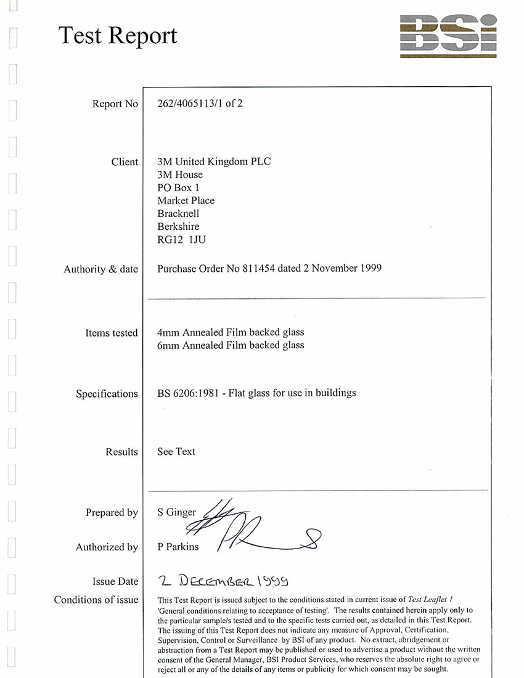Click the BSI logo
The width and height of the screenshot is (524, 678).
click(448, 36)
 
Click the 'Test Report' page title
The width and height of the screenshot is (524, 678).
click(118, 36)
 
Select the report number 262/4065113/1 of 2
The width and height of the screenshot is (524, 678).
click(200, 104)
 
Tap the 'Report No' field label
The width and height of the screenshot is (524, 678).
click(115, 104)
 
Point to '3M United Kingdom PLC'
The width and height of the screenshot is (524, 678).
click(214, 161)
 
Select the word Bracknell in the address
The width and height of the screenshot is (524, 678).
click(178, 213)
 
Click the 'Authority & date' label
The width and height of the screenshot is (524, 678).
click(100, 269)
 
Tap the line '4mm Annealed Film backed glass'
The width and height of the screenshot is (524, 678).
click(231, 333)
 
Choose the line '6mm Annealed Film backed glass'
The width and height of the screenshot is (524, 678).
click(231, 345)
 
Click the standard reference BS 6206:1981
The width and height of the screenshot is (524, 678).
click(184, 393)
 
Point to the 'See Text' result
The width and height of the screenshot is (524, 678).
click(176, 452)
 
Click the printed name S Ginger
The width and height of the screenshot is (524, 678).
click(177, 512)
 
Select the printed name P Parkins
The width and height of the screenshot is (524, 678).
click(178, 547)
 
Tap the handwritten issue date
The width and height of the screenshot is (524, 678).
click(223, 581)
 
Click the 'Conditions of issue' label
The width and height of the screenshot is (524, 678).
click(96, 600)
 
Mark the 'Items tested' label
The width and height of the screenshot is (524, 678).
click(112, 333)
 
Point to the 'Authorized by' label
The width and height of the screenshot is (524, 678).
click(107, 547)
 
